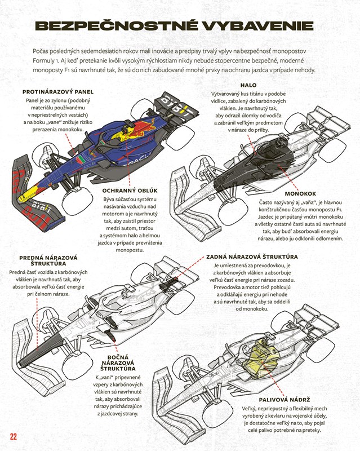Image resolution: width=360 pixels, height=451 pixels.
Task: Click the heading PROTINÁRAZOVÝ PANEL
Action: pyautogui.click(x=57, y=92)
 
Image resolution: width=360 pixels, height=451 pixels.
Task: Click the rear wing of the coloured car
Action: pyautogui.click(x=177, y=107)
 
